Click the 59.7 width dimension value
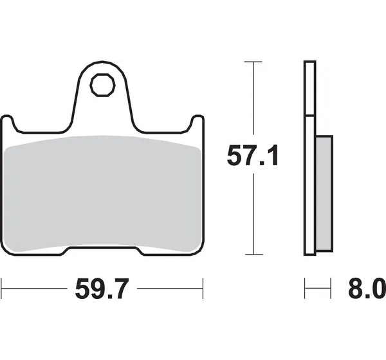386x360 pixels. click(x=102, y=289)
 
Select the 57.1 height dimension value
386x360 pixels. click(x=253, y=156)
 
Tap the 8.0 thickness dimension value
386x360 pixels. click(x=367, y=289)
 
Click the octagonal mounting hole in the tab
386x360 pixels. click(x=102, y=85)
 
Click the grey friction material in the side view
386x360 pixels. click(x=324, y=193)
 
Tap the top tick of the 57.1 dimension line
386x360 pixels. click(x=253, y=62)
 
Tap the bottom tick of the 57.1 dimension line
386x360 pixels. click(x=254, y=255)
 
